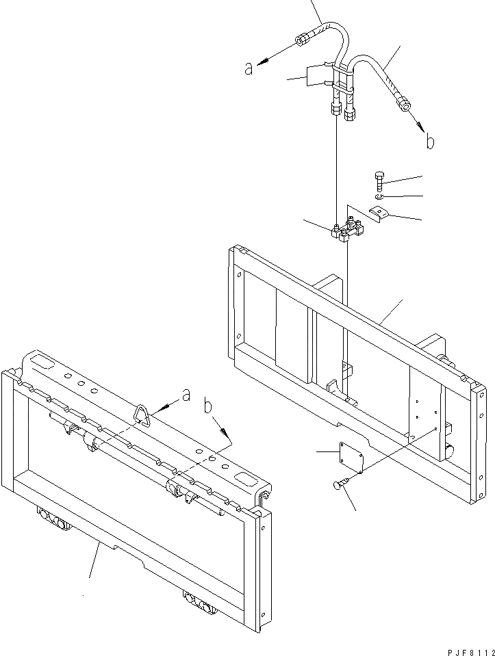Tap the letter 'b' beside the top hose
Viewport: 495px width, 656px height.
[x=429, y=142]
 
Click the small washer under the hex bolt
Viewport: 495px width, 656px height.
[x=380, y=196]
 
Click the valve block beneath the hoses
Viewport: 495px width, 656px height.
[x=346, y=228]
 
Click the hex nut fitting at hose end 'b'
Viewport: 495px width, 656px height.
[x=404, y=105]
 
